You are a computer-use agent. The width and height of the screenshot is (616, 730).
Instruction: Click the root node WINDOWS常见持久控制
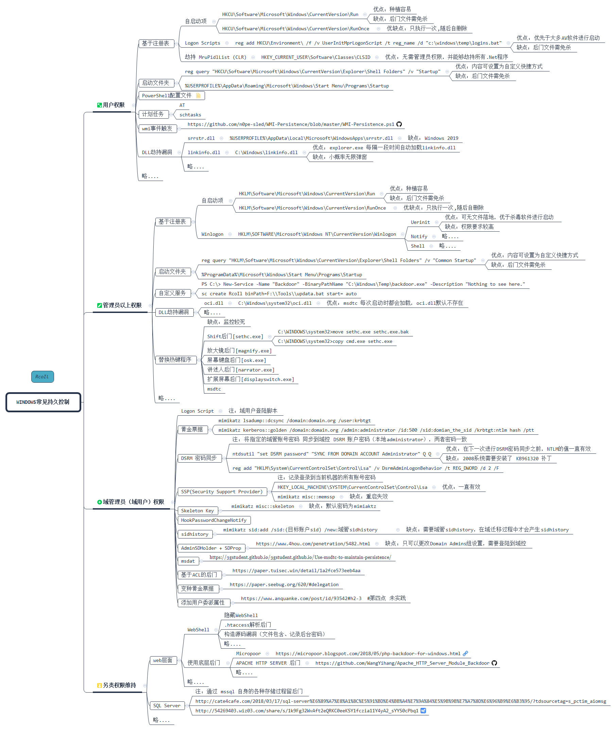click(43, 402)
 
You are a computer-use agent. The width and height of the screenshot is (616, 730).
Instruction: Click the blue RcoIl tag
click(42, 377)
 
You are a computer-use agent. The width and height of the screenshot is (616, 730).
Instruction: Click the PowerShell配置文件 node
click(167, 95)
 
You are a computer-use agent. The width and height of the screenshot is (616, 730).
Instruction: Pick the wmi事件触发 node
click(157, 129)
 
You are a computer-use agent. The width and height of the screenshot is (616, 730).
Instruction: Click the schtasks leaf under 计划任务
click(190, 115)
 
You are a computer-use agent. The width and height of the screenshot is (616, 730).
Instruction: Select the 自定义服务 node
click(172, 293)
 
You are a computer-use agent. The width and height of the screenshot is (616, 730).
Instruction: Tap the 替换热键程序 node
click(175, 360)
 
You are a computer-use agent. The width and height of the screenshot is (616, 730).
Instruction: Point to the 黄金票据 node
click(192, 430)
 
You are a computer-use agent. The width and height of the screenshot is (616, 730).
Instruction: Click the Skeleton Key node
click(197, 511)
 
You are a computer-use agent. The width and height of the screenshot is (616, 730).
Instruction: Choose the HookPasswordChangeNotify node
click(214, 520)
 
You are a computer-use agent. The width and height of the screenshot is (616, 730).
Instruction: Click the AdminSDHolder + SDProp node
click(211, 548)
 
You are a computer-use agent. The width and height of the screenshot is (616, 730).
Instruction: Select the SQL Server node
click(167, 706)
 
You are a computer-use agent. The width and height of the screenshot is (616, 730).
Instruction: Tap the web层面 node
click(163, 660)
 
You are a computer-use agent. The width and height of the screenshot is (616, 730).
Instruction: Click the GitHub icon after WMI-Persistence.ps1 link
click(399, 124)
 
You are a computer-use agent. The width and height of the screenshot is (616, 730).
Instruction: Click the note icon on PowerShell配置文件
click(198, 95)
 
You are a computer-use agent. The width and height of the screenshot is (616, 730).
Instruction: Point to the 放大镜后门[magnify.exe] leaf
click(239, 350)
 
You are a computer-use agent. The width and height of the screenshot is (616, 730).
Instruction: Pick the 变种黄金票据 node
click(197, 588)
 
